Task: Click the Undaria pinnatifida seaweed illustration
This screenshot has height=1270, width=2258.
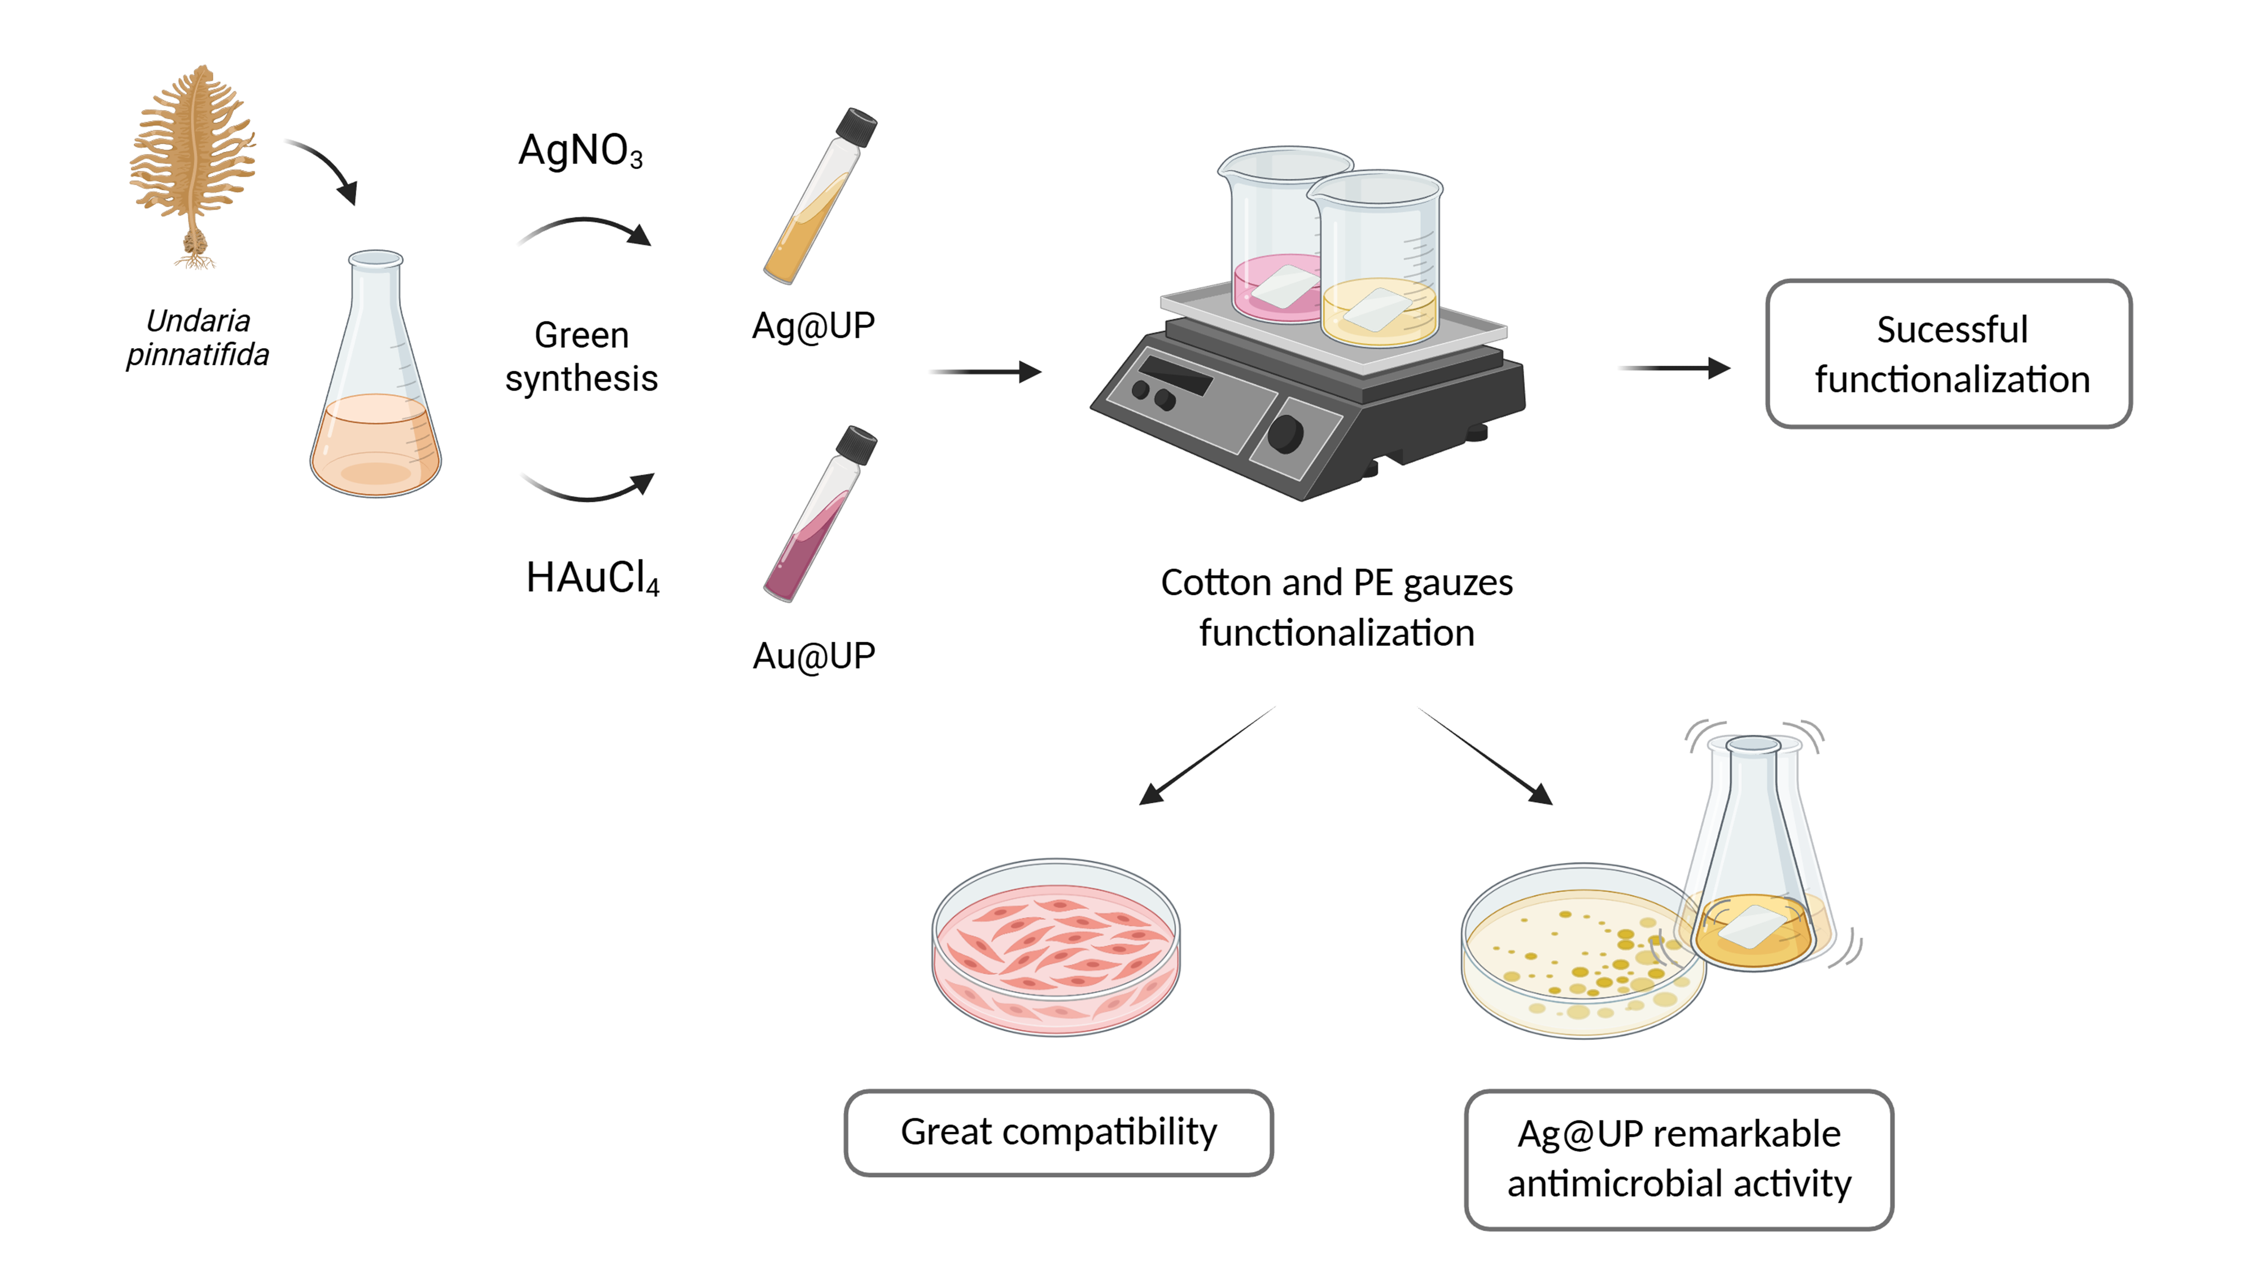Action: pyautogui.click(x=194, y=167)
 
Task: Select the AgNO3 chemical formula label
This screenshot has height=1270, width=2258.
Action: pyautogui.click(x=580, y=150)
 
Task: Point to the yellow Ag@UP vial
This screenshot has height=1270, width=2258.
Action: pyautogui.click(x=820, y=196)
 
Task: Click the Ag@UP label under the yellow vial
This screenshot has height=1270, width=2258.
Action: pyautogui.click(x=813, y=326)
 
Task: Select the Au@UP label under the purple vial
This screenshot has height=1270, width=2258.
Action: pyautogui.click(x=813, y=655)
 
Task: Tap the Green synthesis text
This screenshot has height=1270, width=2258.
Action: pyautogui.click(x=581, y=357)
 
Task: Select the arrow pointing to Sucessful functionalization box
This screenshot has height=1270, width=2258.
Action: pyautogui.click(x=1674, y=368)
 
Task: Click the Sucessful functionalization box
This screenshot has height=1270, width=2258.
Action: pyautogui.click(x=1949, y=354)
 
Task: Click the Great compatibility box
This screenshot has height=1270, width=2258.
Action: pyautogui.click(x=1059, y=1132)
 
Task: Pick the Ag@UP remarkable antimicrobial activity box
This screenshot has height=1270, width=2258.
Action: pyautogui.click(x=1679, y=1159)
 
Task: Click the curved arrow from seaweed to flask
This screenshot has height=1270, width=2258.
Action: pyautogui.click(x=329, y=162)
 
